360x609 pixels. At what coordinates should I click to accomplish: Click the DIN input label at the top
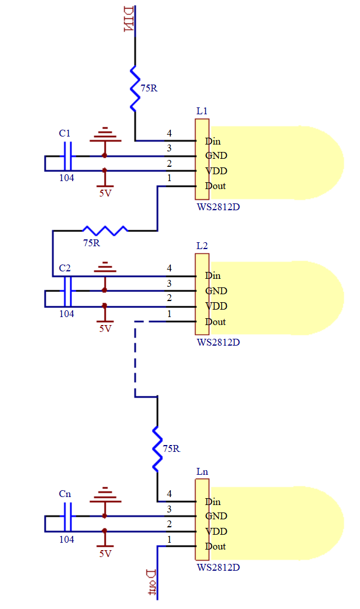tap(129, 19)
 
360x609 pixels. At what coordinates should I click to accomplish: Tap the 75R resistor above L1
tap(135, 89)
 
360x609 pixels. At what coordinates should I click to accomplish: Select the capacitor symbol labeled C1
tap(67, 155)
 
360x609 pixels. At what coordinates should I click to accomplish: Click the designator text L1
tap(202, 111)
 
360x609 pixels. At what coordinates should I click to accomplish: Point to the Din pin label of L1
tap(213, 141)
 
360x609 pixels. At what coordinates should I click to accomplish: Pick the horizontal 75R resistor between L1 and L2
tap(106, 230)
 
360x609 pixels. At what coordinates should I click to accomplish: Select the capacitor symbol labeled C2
tap(67, 291)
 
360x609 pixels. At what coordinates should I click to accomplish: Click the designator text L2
tap(202, 246)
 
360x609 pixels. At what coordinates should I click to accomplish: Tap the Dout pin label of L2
tap(215, 322)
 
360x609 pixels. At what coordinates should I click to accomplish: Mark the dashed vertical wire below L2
tap(135, 359)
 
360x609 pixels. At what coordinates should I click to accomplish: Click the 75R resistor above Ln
tap(157, 448)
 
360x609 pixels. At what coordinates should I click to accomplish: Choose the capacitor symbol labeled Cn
tap(67, 516)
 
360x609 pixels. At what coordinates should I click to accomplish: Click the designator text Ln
tap(202, 472)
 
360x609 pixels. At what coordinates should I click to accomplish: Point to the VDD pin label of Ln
tap(216, 531)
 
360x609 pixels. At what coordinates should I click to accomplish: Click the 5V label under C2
tap(105, 329)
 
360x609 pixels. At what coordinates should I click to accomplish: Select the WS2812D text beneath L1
tap(218, 207)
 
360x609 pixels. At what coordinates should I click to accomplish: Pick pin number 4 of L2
tap(169, 268)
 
